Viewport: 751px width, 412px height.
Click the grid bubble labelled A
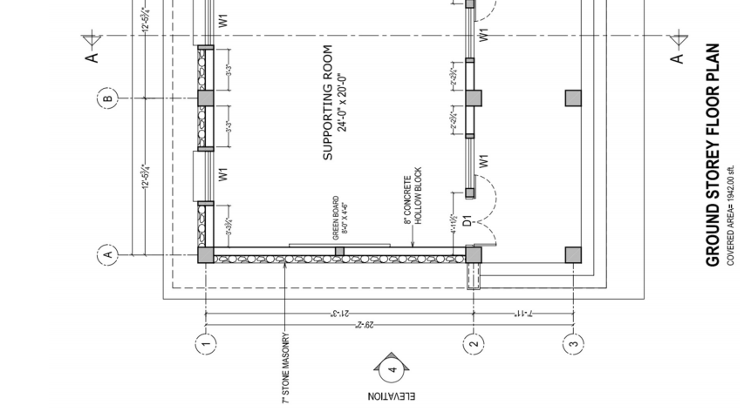(x=109, y=255)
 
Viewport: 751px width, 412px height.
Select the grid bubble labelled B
(x=109, y=98)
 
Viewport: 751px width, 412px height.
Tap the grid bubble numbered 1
(x=206, y=342)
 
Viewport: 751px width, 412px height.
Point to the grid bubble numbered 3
(x=573, y=342)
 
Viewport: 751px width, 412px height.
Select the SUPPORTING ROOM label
(x=329, y=103)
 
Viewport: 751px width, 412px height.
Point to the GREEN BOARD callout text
(x=339, y=217)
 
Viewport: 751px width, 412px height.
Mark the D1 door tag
(x=468, y=220)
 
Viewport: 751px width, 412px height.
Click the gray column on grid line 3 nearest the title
(x=573, y=255)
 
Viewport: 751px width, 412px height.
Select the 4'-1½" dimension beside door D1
(x=454, y=225)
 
